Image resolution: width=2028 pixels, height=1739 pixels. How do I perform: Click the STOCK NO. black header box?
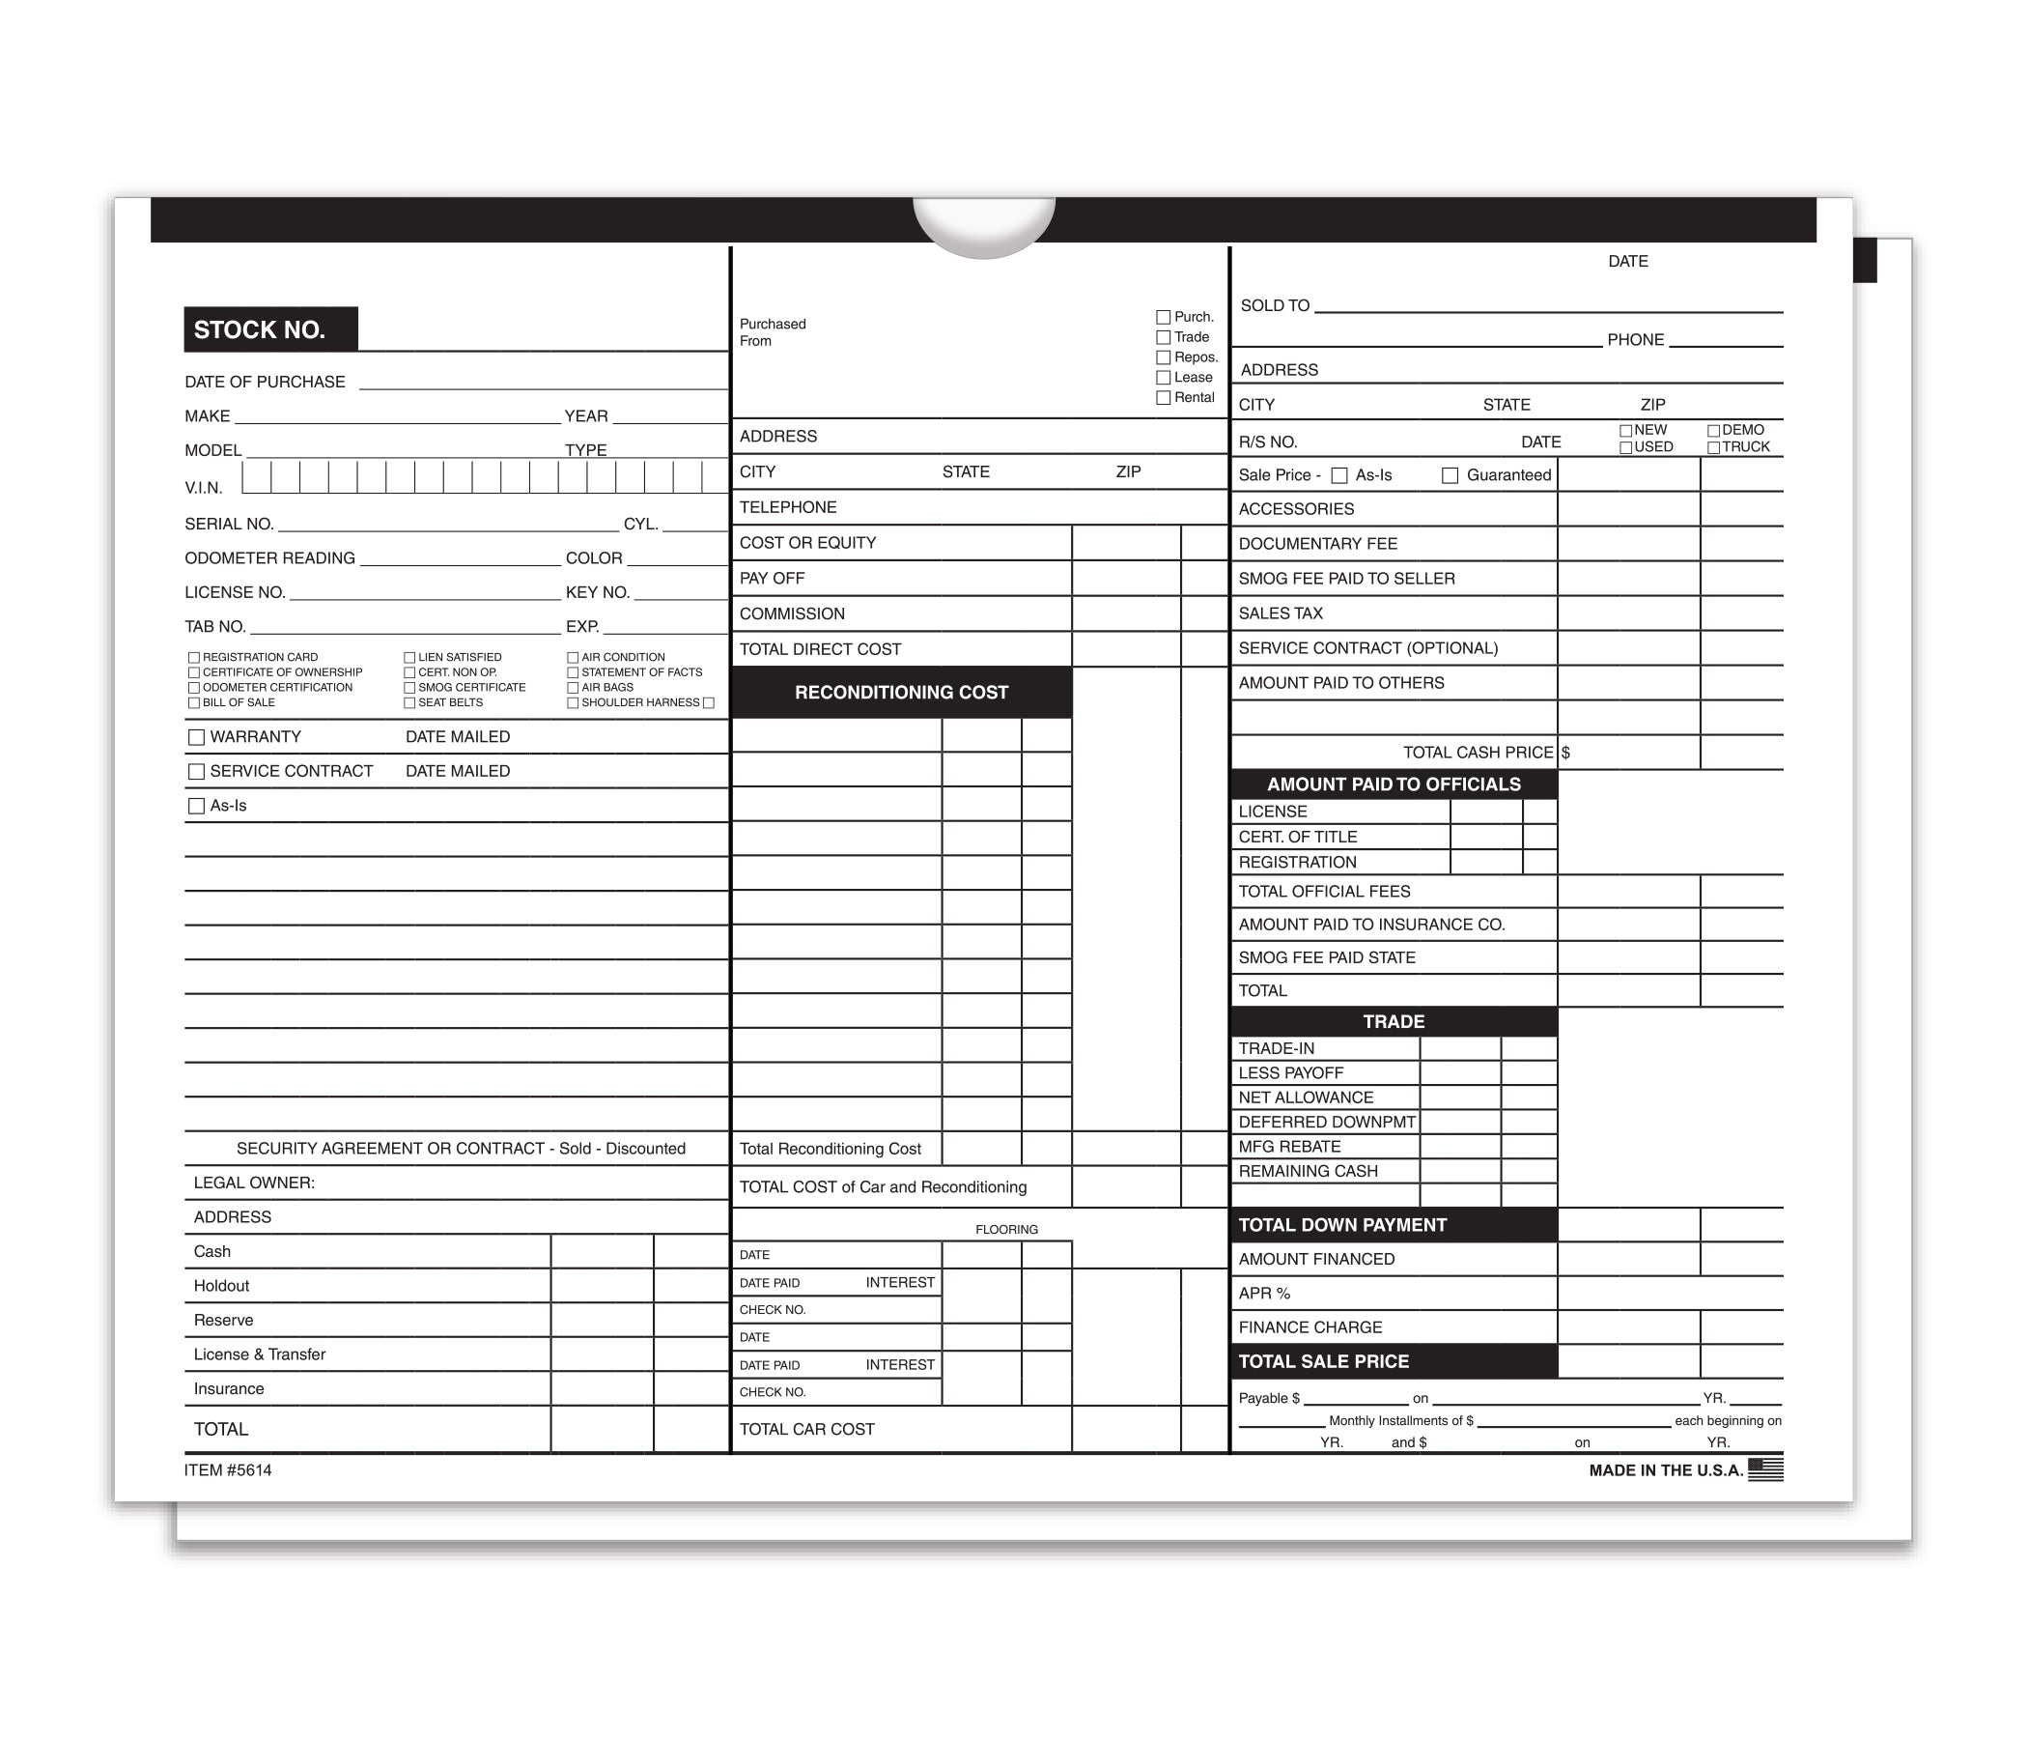270,329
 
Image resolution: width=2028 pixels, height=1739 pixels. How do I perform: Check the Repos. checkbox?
1163,357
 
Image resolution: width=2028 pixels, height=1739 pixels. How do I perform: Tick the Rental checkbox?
1163,397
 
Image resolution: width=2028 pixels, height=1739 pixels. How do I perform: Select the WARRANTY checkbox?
197,737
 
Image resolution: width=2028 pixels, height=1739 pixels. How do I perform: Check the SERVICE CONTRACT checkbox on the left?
197,772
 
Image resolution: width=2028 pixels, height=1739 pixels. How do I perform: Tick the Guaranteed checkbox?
1450,476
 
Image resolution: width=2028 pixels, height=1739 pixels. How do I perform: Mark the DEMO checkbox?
1713,431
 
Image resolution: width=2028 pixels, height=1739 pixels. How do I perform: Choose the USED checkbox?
1625,447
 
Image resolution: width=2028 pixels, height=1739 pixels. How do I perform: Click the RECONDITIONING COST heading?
900,693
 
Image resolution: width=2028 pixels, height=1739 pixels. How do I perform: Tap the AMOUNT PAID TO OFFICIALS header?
1393,784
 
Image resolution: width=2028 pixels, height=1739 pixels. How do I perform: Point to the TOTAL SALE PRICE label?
1323,1361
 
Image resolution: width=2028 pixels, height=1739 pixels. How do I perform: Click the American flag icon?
1764,1468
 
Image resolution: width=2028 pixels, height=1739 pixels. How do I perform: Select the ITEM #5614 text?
228,1469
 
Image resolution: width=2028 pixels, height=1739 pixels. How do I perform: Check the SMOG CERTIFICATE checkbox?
409,688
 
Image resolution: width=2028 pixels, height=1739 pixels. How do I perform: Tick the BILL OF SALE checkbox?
194,703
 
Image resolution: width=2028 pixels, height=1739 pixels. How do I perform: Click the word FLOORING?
1006,1230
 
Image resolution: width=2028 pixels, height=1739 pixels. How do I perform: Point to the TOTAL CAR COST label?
806,1430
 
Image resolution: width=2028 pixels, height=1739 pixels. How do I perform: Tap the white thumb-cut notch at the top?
984,223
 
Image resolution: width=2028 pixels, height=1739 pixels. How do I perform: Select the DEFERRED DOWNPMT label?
1326,1122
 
